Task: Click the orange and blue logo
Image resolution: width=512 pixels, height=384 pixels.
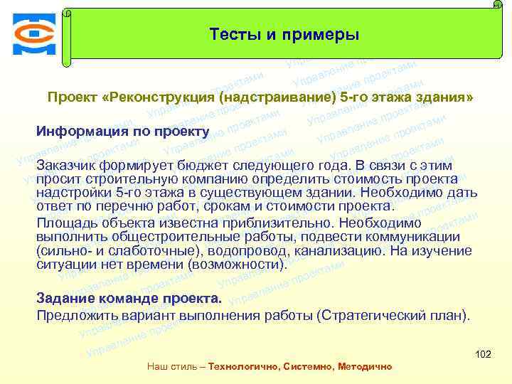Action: [x=33, y=33]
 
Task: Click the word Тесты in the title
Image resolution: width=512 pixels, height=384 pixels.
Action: [x=232, y=35]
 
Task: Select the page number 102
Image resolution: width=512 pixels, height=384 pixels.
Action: [x=483, y=354]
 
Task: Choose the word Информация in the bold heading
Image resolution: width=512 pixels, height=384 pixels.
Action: [x=82, y=132]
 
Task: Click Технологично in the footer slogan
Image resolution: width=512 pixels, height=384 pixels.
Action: [x=242, y=367]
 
